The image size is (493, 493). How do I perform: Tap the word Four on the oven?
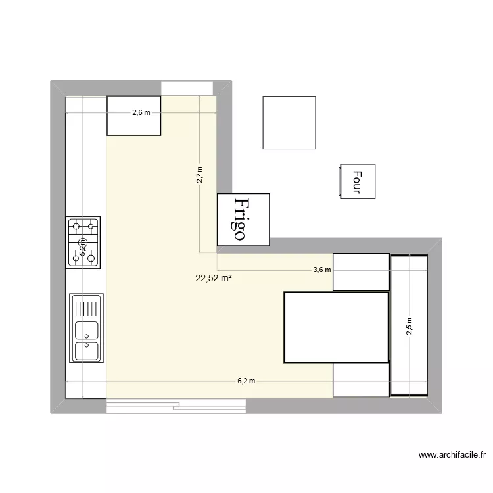(x=357, y=181)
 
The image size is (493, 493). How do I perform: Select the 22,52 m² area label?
(x=214, y=278)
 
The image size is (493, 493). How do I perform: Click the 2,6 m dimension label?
(x=141, y=112)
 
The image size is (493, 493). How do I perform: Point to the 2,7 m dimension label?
(x=200, y=176)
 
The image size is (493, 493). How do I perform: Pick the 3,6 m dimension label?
(x=321, y=270)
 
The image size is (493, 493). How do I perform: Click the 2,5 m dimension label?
(x=409, y=327)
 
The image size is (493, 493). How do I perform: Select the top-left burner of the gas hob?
(x=76, y=227)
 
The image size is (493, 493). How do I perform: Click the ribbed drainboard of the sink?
(x=87, y=307)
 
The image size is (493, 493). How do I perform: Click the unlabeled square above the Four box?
(x=289, y=122)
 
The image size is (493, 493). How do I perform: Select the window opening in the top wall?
(x=187, y=87)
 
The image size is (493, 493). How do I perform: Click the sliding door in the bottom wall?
(x=176, y=406)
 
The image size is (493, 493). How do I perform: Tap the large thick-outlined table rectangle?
(x=336, y=327)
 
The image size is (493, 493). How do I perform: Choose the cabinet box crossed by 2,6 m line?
(x=134, y=116)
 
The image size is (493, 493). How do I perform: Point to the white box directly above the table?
(x=361, y=271)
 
